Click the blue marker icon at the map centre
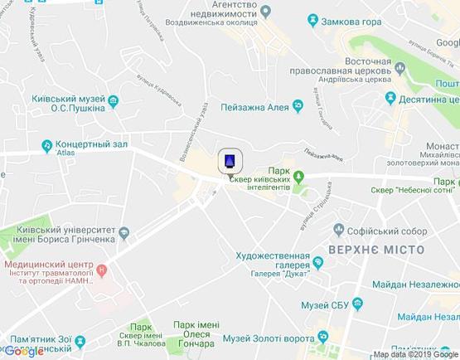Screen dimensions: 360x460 [230, 160]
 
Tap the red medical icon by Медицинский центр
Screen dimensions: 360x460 [101, 270]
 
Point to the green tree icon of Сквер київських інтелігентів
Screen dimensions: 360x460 [300, 176]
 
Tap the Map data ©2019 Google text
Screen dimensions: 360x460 [414, 354]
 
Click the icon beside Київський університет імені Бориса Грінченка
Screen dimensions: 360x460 [123, 234]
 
